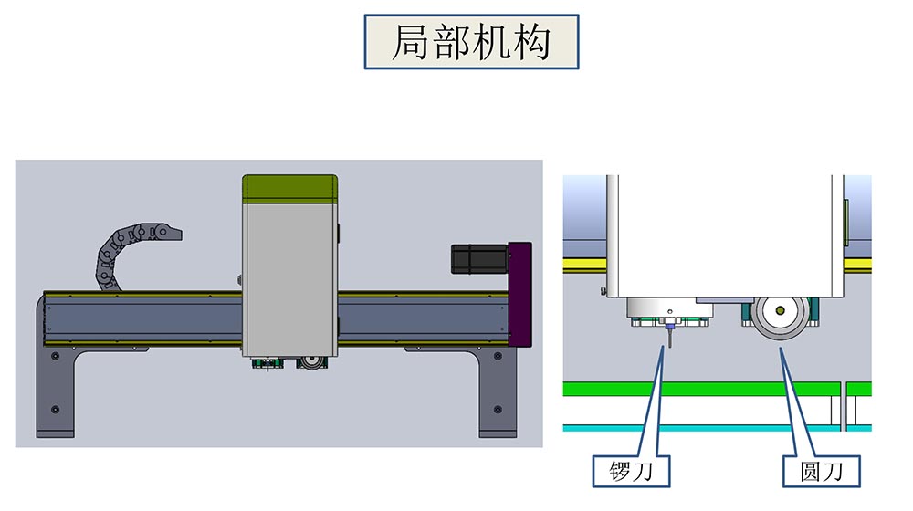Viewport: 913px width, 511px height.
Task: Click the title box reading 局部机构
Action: (x=471, y=42)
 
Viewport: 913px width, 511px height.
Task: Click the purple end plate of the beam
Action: (x=520, y=293)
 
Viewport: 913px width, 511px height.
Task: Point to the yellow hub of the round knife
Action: (x=780, y=311)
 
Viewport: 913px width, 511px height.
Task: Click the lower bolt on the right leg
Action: (x=497, y=409)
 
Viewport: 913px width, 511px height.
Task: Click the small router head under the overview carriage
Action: (x=267, y=363)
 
